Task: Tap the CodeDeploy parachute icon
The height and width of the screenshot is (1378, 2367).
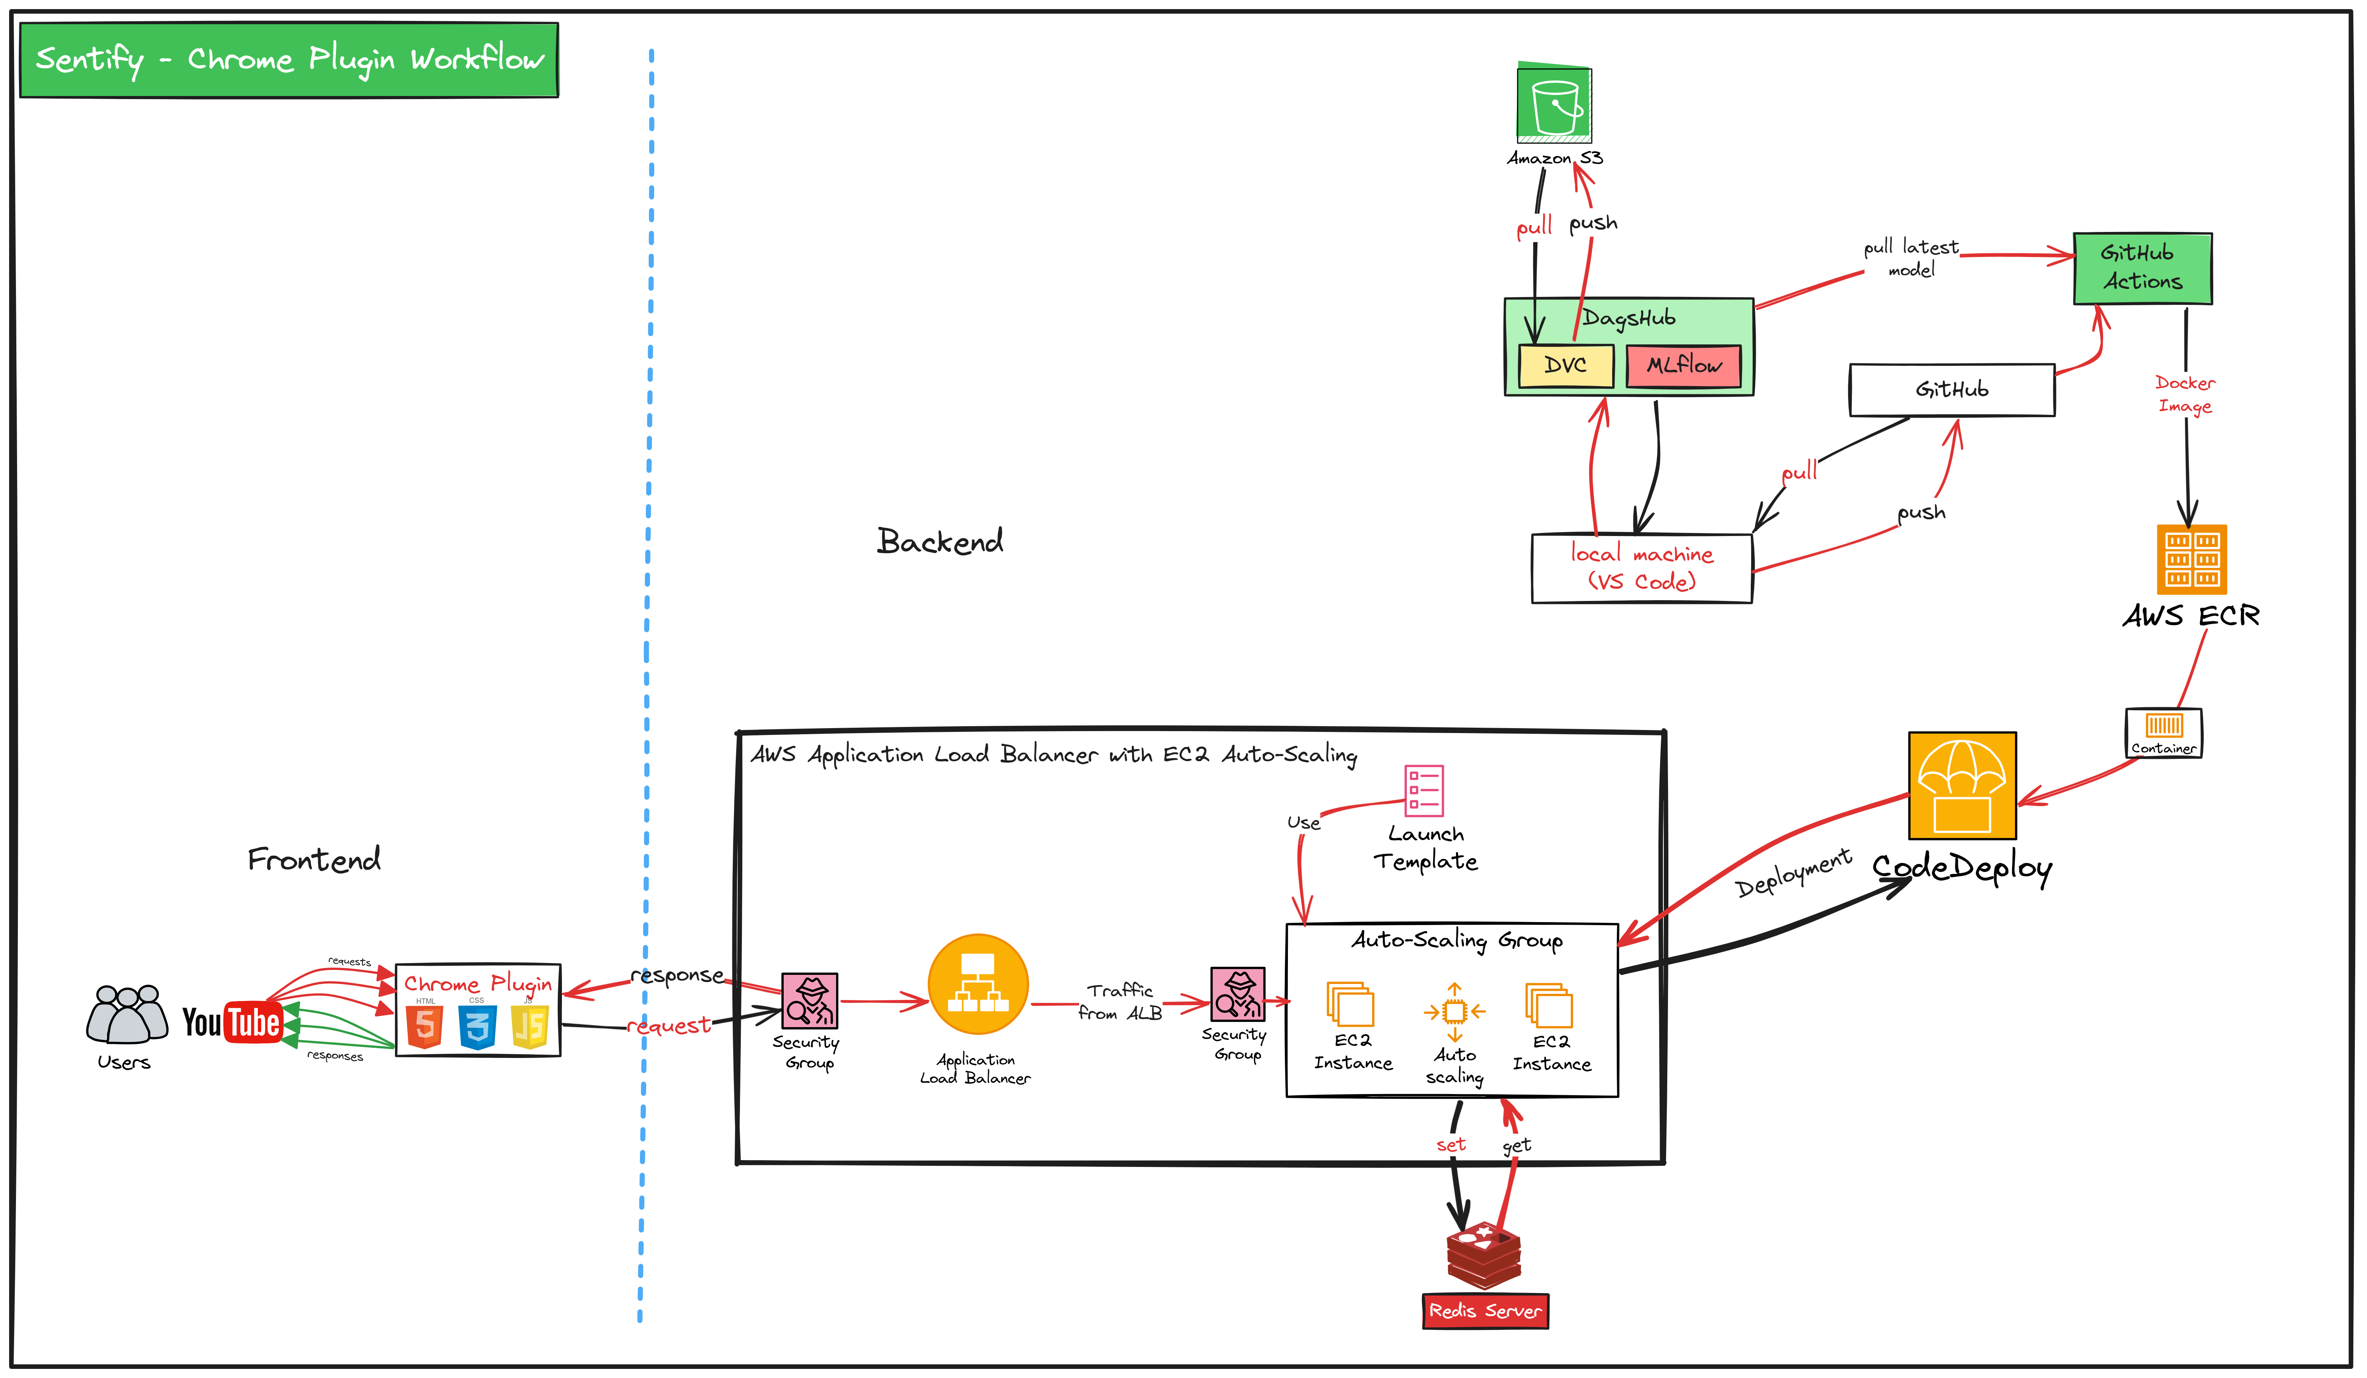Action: tap(1962, 785)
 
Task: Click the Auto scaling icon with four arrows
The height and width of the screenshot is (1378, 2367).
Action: tap(1454, 1012)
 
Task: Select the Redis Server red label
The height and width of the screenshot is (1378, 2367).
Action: tap(1485, 1310)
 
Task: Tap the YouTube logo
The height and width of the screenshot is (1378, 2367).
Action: tap(232, 1022)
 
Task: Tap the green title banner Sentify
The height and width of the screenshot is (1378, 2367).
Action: tap(289, 60)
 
